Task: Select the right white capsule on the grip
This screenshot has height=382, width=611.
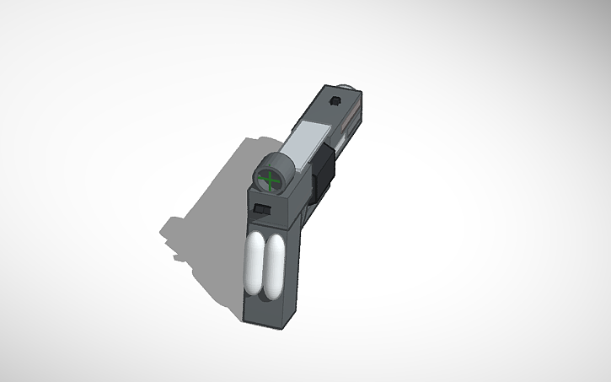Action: pyautogui.click(x=276, y=266)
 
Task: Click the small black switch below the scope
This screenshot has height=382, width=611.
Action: pyautogui.click(x=262, y=208)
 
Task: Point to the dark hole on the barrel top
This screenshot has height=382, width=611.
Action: pyautogui.click(x=335, y=101)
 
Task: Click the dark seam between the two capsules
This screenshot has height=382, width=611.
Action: pyautogui.click(x=265, y=266)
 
